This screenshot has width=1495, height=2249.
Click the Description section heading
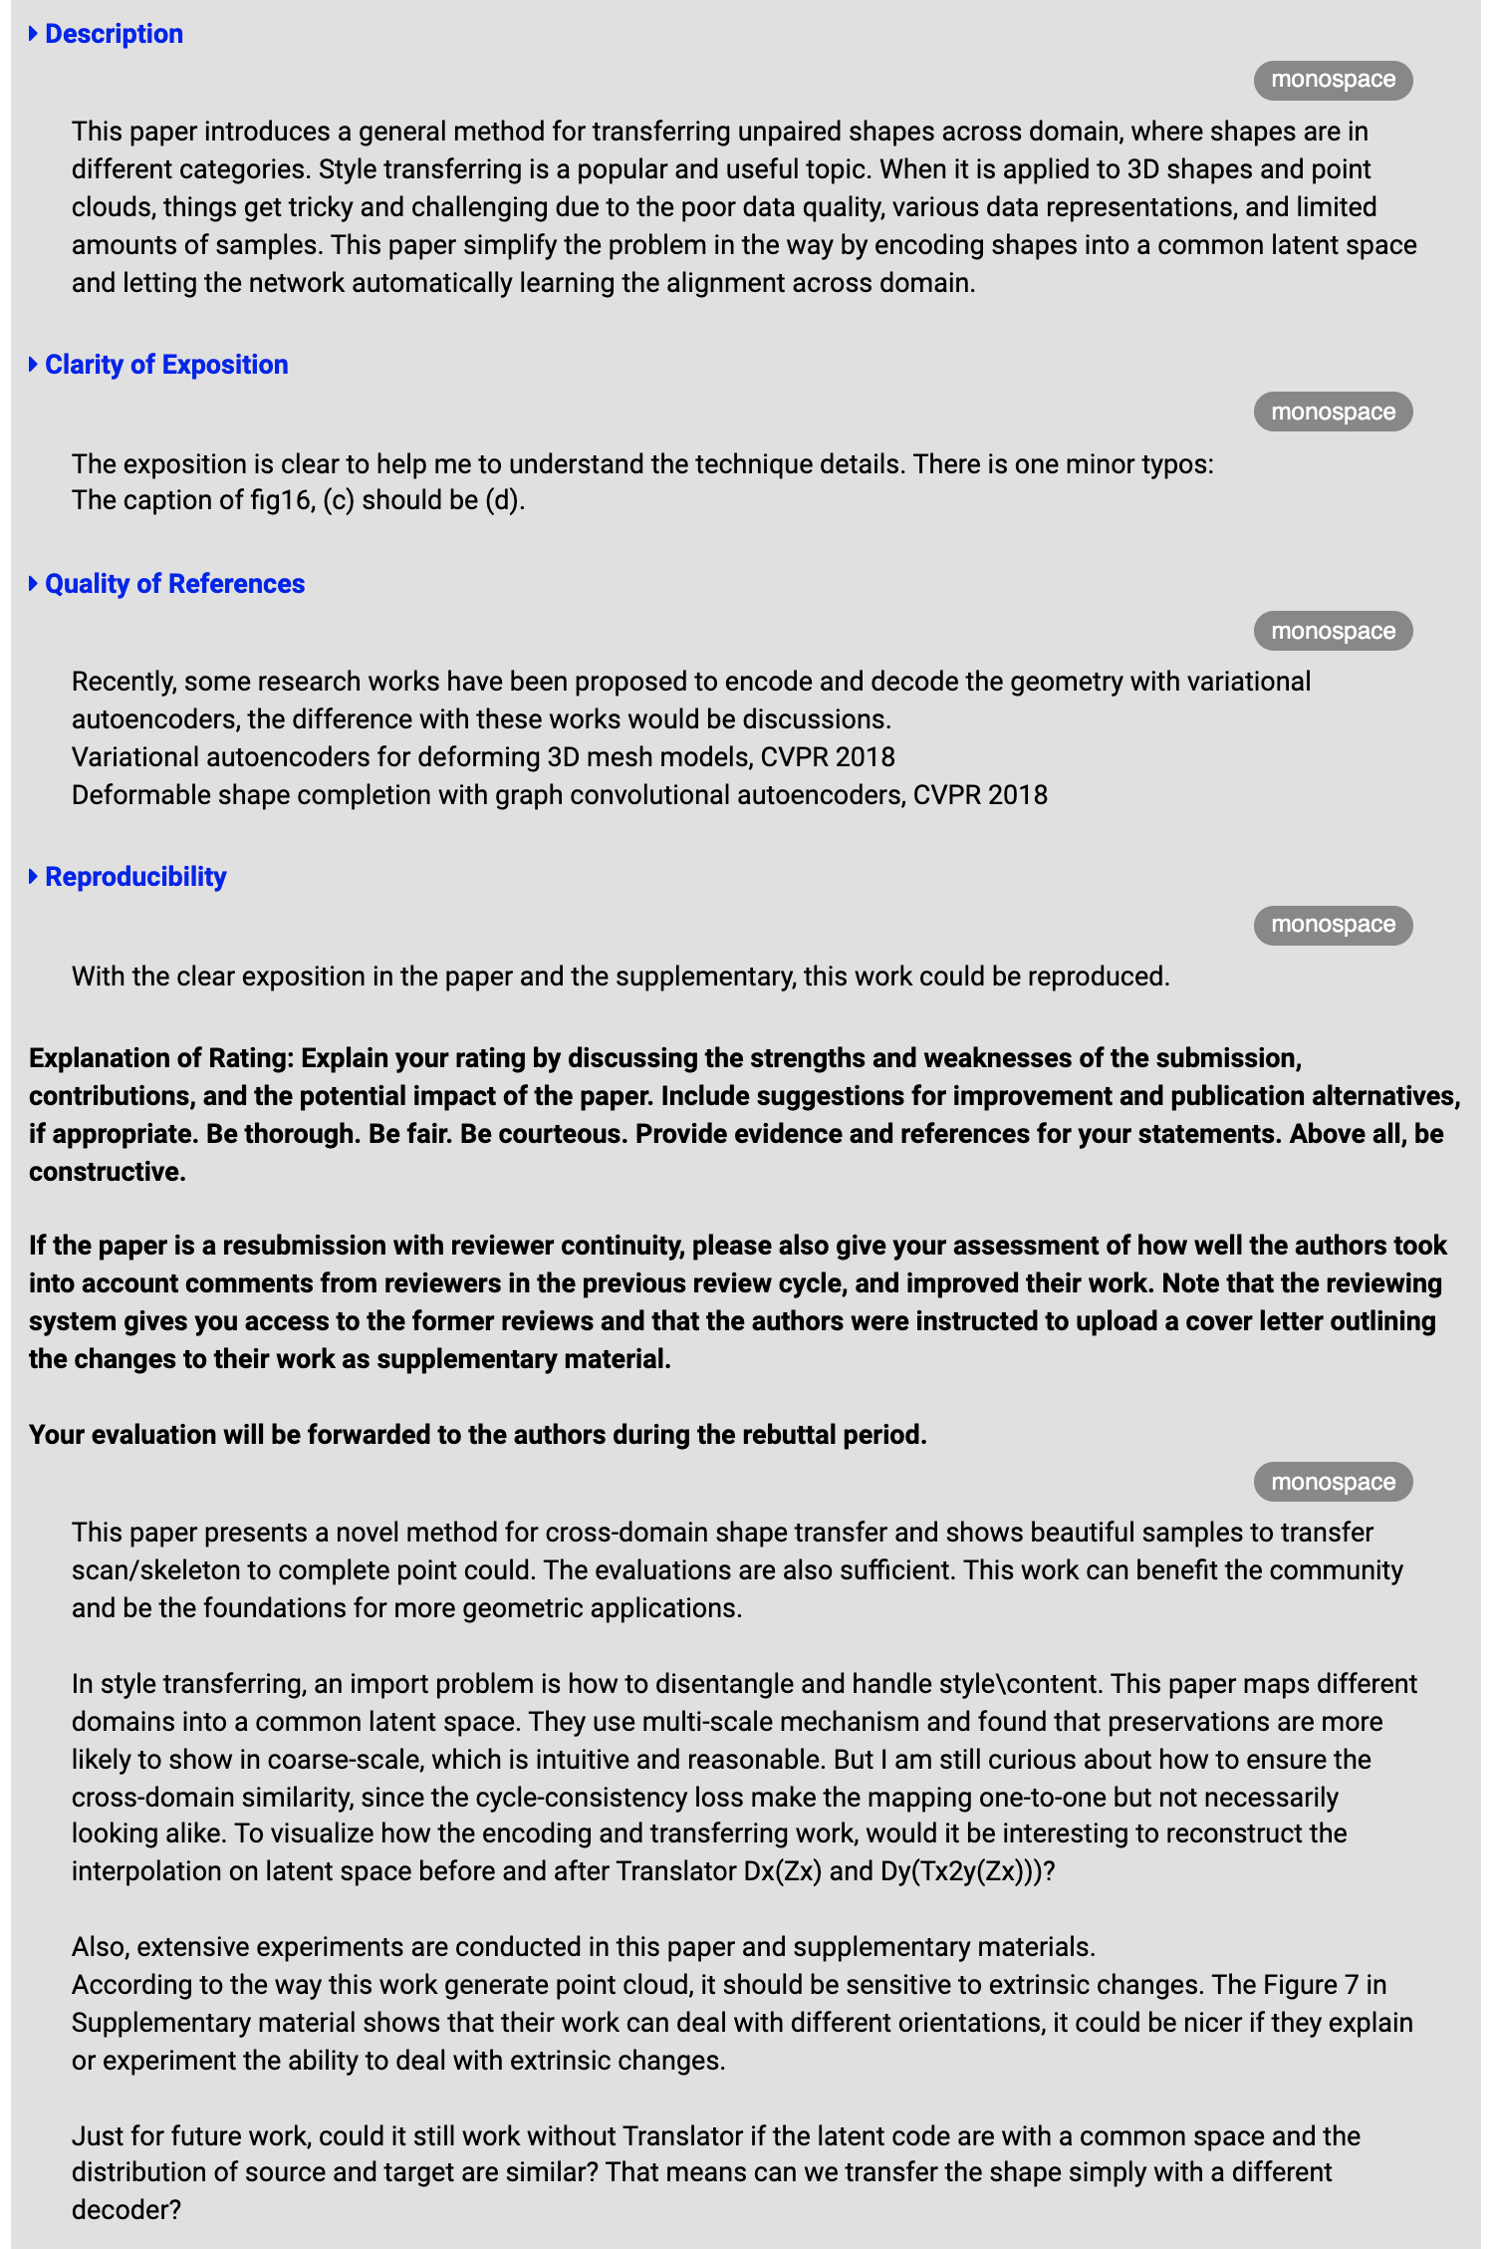click(114, 34)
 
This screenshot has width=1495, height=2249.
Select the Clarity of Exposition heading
click(166, 365)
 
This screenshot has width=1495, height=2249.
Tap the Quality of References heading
click(174, 584)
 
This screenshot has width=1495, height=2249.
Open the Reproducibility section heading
click(135, 877)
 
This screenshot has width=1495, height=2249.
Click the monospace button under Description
click(1333, 80)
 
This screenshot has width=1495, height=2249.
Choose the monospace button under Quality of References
click(1333, 631)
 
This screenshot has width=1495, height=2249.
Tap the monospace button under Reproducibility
click(1333, 925)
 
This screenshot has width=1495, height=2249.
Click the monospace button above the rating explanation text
click(1333, 1482)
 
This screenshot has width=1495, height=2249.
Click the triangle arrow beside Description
click(34, 34)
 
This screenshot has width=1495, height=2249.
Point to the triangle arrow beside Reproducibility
click(34, 877)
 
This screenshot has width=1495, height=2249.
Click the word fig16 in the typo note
click(282, 500)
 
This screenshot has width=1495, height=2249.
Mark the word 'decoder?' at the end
click(126, 2210)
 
